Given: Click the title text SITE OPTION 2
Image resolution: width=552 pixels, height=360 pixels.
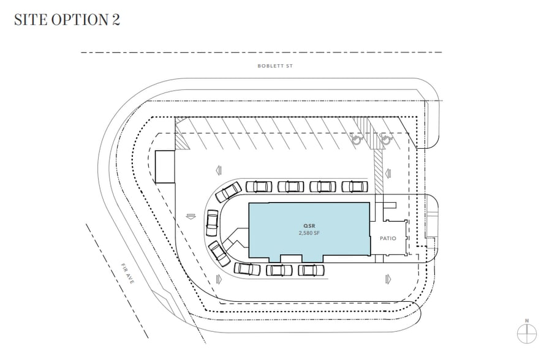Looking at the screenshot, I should [x=67, y=20].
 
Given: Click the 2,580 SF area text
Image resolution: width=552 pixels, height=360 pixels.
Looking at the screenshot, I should [x=309, y=233].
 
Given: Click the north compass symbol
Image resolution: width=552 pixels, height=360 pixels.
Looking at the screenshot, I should [x=527, y=333].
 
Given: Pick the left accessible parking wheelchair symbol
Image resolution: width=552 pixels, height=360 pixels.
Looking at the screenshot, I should [x=355, y=139].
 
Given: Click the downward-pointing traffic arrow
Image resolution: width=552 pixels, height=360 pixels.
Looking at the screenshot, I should [x=190, y=216].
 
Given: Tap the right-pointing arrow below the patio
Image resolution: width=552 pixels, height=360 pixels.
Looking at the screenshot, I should [x=387, y=279].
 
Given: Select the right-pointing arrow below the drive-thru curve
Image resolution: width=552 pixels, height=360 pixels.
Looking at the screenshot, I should [x=219, y=279].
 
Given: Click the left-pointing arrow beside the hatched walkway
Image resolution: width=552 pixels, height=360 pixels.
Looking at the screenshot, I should [x=218, y=171].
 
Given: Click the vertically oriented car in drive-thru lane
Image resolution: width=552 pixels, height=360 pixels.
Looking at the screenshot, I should [x=212, y=222].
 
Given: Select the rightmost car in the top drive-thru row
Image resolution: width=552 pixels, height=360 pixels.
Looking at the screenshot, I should [x=355, y=186].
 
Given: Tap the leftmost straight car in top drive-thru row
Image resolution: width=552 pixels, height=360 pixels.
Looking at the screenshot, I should [x=259, y=186].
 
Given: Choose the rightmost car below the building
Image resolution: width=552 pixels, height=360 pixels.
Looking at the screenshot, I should [x=311, y=270].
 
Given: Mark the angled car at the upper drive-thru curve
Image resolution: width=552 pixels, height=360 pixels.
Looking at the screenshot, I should [x=229, y=192].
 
